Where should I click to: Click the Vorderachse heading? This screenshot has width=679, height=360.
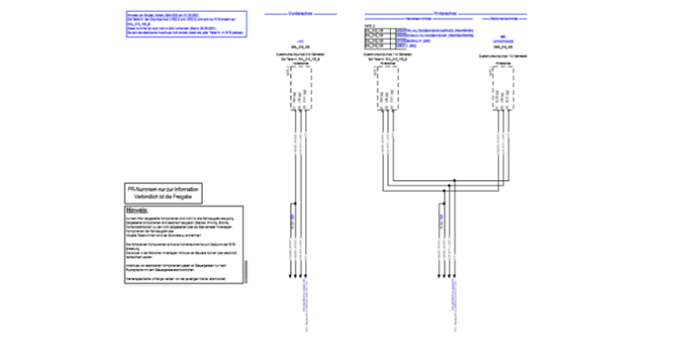pos(299,14)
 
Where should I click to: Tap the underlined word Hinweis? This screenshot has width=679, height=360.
pos(135,211)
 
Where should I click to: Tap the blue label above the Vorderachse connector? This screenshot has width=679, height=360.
pos(299,42)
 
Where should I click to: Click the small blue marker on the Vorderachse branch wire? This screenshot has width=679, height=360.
pos(291,218)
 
